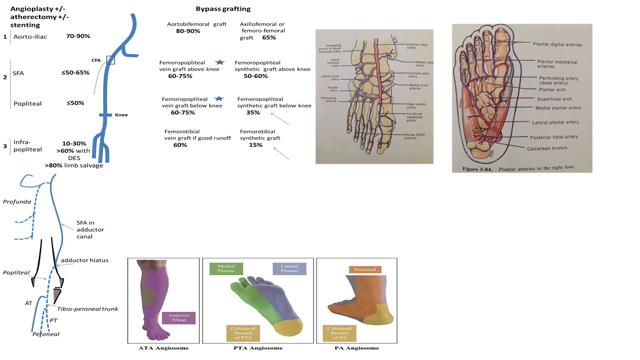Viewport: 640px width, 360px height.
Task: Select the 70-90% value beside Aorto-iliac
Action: pyautogui.click(x=77, y=36)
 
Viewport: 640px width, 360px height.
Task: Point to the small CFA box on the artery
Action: pyautogui.click(x=110, y=60)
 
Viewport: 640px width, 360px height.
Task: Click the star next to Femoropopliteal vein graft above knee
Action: pyautogui.click(x=219, y=63)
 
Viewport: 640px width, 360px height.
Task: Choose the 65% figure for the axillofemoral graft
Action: pyautogui.click(x=269, y=37)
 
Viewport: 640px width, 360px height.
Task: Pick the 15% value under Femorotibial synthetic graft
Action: pyautogui.click(x=255, y=145)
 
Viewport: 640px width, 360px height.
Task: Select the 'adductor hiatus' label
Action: pyautogui.click(x=82, y=260)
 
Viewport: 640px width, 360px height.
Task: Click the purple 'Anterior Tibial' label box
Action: pyautogui.click(x=179, y=317)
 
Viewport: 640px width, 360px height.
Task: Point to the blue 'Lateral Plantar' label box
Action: pyautogui.click(x=289, y=268)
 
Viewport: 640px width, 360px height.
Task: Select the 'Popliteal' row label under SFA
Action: pyautogui.click(x=28, y=103)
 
